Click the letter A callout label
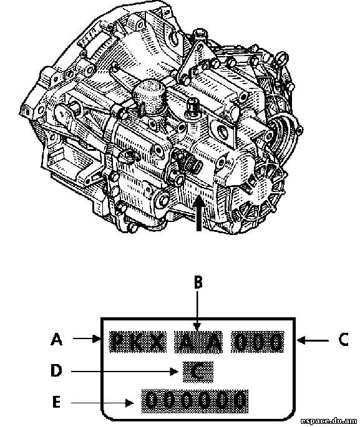tap(56, 340)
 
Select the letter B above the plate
tap(198, 282)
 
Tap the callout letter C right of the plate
tap(343, 339)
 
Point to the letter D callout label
tap(56, 371)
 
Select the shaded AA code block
tap(198, 342)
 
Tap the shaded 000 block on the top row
tap(258, 342)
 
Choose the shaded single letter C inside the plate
tap(198, 372)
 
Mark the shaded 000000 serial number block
tap(195, 401)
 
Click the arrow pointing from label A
tap(87, 338)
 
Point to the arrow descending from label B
tap(198, 310)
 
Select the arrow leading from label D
tap(125, 371)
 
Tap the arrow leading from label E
tap(102, 403)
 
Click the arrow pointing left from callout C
tap(313, 340)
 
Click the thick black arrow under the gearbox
tap(199, 213)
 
